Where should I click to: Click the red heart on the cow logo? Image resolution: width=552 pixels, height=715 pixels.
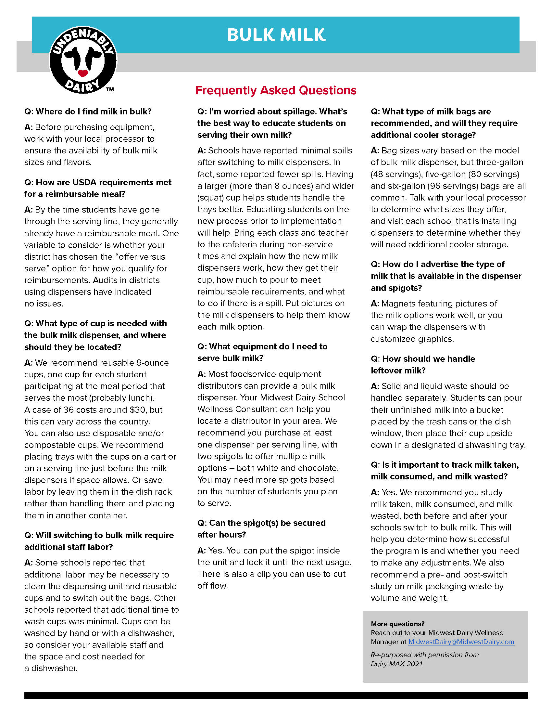[x=83, y=73]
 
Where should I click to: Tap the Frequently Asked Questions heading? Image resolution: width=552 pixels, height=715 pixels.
[x=276, y=90]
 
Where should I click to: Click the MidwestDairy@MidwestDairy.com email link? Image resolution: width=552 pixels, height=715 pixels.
[x=461, y=642]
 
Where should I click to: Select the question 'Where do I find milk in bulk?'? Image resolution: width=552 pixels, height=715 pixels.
[x=88, y=111]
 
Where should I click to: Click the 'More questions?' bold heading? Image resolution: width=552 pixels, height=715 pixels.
[x=397, y=624]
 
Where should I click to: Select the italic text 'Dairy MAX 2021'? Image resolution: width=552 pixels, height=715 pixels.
[x=396, y=664]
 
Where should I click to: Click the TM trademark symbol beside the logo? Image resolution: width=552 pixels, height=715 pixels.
[x=110, y=89]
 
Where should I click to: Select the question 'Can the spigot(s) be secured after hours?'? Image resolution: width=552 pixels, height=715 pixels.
[x=261, y=528]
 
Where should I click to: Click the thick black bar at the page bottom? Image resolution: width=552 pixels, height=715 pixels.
[x=276, y=695]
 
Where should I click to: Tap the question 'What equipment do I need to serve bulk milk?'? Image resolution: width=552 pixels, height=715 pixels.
[x=262, y=352]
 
